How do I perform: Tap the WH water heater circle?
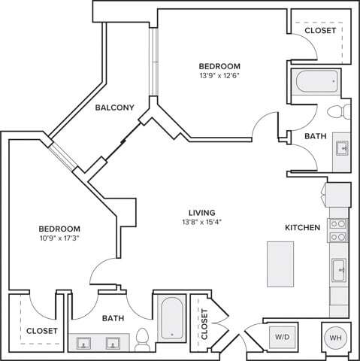pyautogui.click(x=334, y=338)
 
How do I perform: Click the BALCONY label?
pyautogui.click(x=115, y=108)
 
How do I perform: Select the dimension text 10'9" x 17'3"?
pyautogui.click(x=59, y=238)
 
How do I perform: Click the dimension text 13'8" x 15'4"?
pyautogui.click(x=203, y=222)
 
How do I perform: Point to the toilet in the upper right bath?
pyautogui.click(x=339, y=112)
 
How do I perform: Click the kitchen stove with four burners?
pyautogui.click(x=338, y=229)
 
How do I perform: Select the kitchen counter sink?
pyautogui.click(x=340, y=268)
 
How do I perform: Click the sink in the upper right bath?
pyautogui.click(x=342, y=147)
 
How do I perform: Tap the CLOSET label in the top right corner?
pyautogui.click(x=319, y=31)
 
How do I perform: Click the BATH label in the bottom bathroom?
pyautogui.click(x=113, y=320)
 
